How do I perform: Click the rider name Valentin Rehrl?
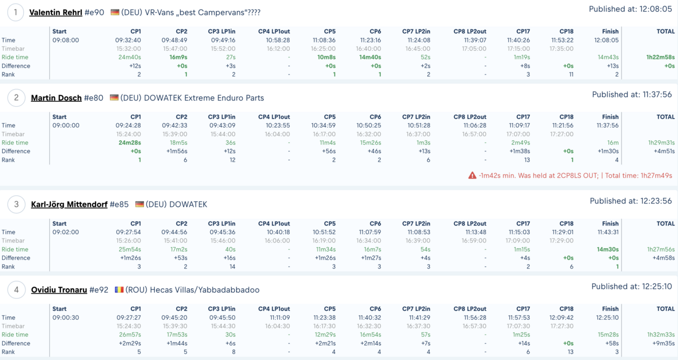56,12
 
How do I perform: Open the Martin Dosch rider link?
56,98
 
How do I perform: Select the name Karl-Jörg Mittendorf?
69,205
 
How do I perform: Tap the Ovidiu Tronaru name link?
59,290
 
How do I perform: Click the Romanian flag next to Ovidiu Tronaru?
119,290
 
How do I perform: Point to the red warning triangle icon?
472,175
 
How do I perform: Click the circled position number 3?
16,205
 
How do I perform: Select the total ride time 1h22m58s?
660,57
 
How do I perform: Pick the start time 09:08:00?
66,40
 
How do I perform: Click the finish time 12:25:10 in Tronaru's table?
607,318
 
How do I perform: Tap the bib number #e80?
94,98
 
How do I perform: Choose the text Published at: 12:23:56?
631,201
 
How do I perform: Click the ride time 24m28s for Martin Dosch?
129,142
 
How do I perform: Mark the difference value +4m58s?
664,258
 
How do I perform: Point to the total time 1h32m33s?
661,335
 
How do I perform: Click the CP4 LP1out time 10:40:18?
278,232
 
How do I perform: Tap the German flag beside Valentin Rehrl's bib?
115,12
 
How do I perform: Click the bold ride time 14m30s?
607,249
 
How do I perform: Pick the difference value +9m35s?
664,344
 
